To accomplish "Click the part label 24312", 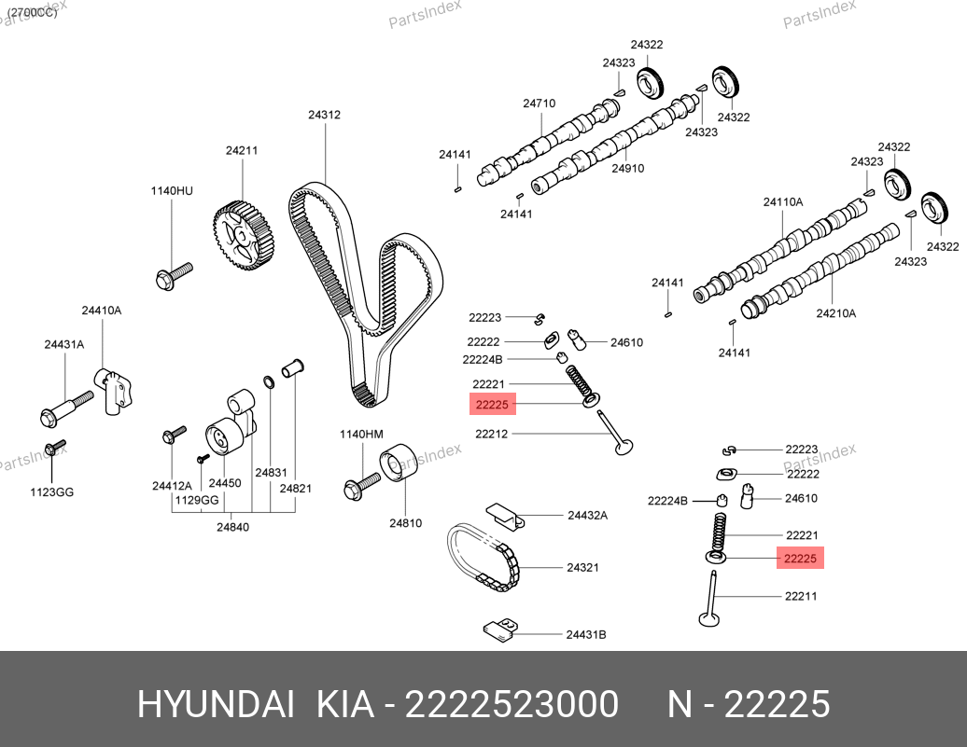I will click(324, 116).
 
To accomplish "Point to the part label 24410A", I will click(101, 310).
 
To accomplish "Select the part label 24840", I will click(232, 527).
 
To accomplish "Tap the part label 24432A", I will click(587, 515).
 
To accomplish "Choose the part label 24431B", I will click(586, 634).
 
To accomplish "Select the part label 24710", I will click(539, 104).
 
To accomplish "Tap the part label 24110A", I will click(782, 201).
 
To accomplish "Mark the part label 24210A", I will click(835, 313).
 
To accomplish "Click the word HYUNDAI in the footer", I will click(217, 705).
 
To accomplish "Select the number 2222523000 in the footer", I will click(511, 705).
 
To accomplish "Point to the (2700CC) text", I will click(33, 12).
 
